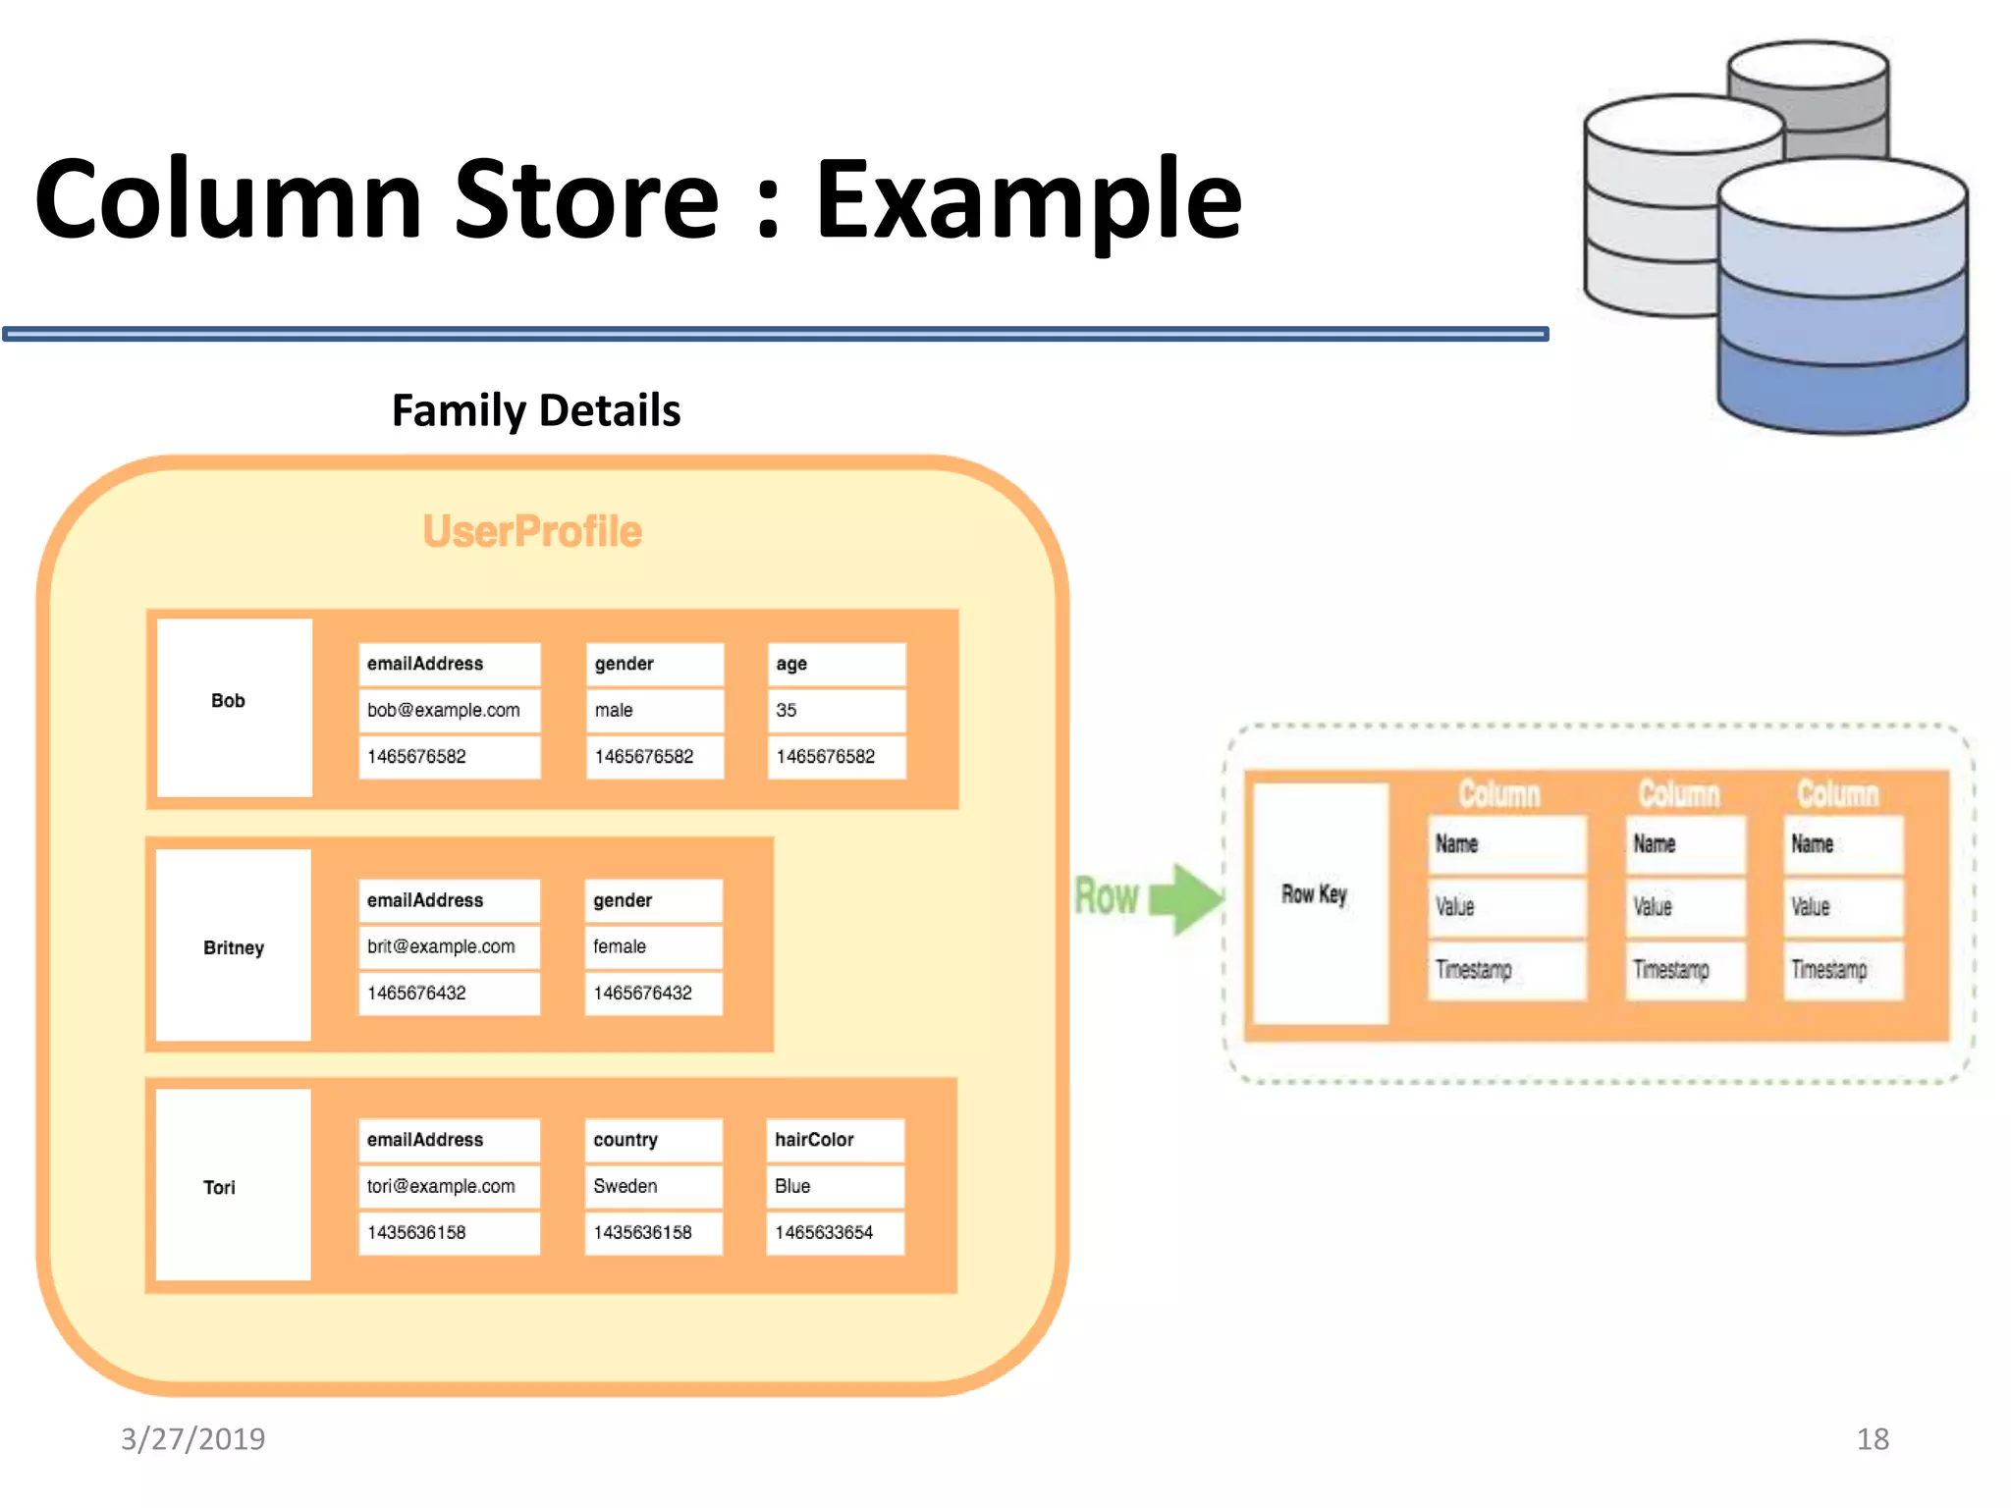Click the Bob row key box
(x=234, y=707)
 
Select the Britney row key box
(x=234, y=945)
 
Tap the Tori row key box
(x=234, y=1185)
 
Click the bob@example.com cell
(x=448, y=710)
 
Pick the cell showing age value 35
(x=835, y=710)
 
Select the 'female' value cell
(x=653, y=946)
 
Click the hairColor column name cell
(x=835, y=1140)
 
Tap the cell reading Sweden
(x=653, y=1186)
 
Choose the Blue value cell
(x=835, y=1186)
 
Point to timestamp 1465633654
(x=835, y=1232)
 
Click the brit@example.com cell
(x=448, y=946)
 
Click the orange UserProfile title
(x=532, y=531)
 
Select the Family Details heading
(x=536, y=410)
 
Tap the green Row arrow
(x=1186, y=897)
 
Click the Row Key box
(x=1320, y=901)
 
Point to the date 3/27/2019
(x=193, y=1438)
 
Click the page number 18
(x=1872, y=1438)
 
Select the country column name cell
(x=653, y=1140)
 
